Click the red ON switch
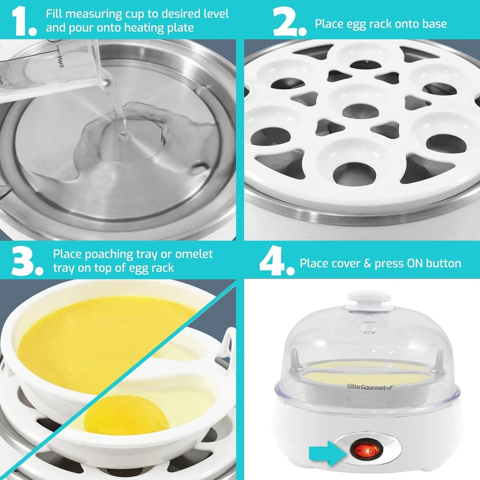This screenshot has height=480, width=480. (365, 451)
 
